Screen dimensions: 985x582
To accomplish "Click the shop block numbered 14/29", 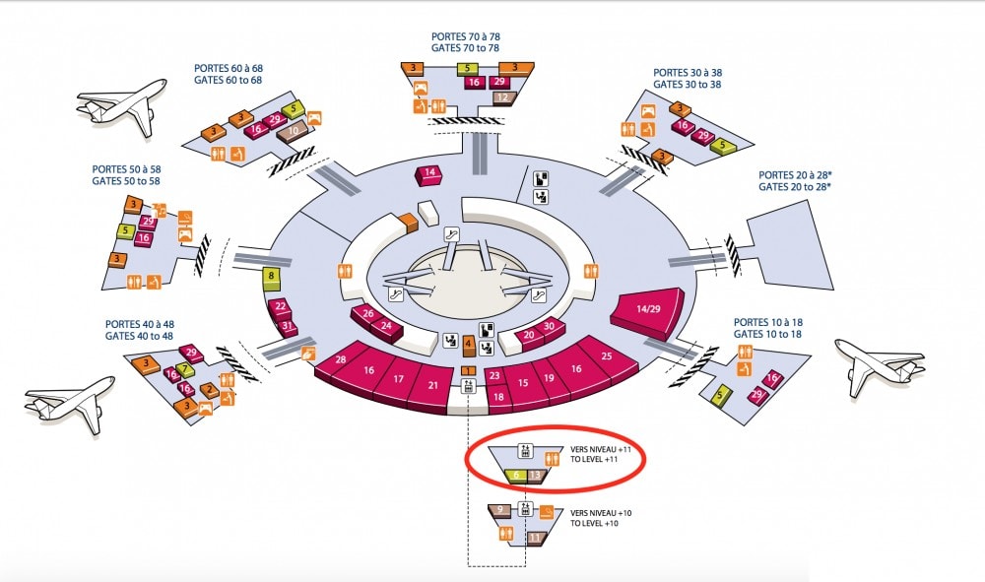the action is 647,312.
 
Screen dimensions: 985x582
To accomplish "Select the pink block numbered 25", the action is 604,359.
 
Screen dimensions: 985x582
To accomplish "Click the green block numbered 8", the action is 272,278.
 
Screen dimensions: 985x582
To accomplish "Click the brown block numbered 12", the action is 503,97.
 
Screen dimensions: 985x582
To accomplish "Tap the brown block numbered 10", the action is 293,132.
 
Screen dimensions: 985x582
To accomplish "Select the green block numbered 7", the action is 185,370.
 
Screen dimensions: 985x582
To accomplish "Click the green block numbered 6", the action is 516,476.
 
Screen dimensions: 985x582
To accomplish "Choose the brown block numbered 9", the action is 499,510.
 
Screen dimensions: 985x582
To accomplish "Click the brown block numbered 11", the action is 535,538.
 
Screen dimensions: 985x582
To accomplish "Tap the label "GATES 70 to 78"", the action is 466,47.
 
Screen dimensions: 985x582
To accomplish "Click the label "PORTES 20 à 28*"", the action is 799,175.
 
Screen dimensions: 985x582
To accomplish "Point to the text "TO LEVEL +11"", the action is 594,460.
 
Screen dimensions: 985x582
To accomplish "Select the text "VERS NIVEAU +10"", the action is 601,513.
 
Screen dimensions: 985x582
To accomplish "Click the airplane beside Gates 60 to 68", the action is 122,105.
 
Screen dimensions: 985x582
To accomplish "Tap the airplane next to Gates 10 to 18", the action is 880,365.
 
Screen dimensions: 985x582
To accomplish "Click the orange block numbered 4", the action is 469,346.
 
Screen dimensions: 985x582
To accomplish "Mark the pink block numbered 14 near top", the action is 429,175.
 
